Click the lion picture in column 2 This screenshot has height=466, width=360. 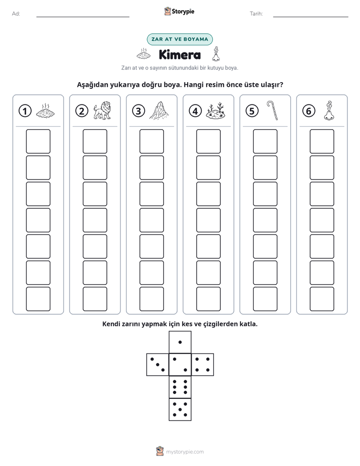point(102,110)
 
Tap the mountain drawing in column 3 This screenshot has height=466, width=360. point(159,110)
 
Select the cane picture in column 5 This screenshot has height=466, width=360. point(272,110)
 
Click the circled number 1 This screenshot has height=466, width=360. point(25,111)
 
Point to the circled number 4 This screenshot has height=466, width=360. point(195,111)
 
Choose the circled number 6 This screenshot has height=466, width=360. point(309,111)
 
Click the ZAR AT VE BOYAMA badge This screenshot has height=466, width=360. point(179,39)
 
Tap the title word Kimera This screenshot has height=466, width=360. point(179,54)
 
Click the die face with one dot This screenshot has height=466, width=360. point(180,342)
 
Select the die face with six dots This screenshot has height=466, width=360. point(180,387)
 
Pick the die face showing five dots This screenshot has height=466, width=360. point(180,410)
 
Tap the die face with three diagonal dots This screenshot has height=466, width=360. point(157,365)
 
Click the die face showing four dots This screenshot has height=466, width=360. point(203,365)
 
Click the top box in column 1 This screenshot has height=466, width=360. point(38,141)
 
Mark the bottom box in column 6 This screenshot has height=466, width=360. point(322,299)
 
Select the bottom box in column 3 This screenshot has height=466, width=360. point(151,299)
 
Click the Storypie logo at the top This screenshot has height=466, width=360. point(179,11)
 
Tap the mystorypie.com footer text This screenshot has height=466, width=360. point(185,452)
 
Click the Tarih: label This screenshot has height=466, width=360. point(256,14)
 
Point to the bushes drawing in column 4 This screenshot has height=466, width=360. point(215,110)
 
